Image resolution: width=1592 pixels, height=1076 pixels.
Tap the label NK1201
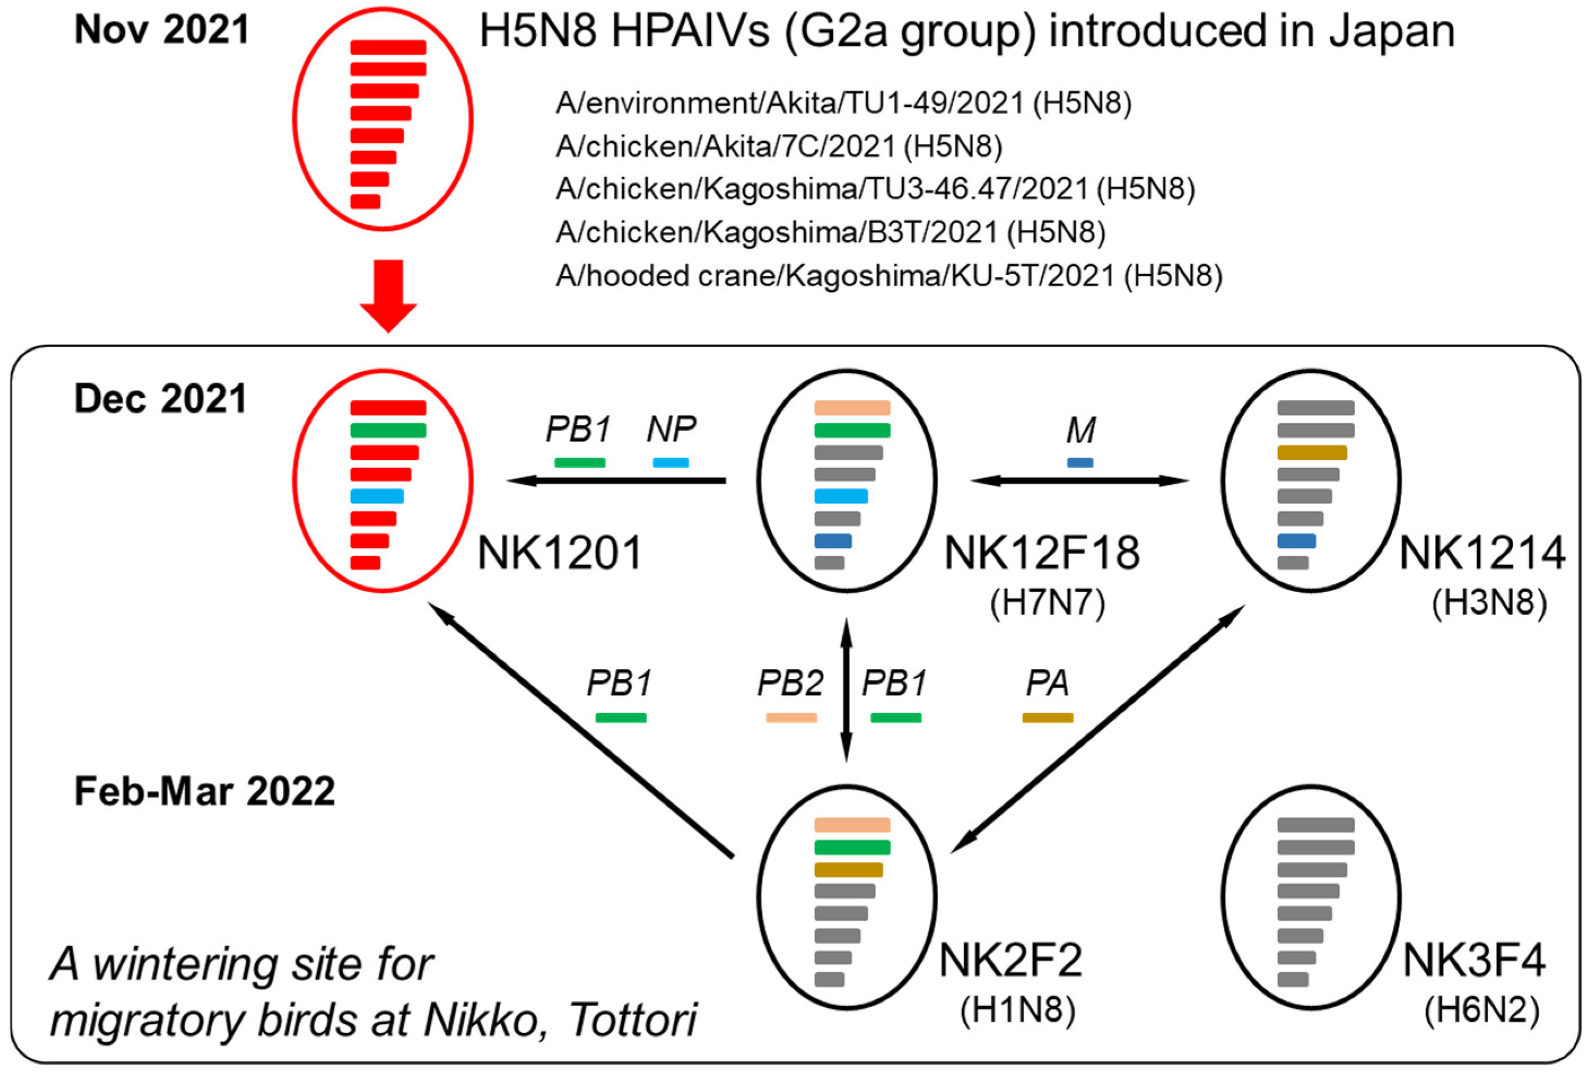(x=559, y=553)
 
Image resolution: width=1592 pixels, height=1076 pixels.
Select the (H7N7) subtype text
(x=1047, y=603)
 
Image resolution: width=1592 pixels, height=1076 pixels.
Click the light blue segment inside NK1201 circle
(x=377, y=497)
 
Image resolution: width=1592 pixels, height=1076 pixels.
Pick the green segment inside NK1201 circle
(x=388, y=430)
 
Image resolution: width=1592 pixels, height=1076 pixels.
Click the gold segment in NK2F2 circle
(x=848, y=870)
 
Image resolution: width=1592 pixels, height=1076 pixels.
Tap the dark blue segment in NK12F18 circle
(x=833, y=541)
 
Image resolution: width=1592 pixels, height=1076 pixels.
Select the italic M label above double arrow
(x=1081, y=431)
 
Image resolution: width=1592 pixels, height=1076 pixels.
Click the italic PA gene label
(x=1047, y=683)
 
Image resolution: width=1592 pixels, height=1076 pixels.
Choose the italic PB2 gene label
(x=790, y=683)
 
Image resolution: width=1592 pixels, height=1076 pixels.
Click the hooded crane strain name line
(x=889, y=276)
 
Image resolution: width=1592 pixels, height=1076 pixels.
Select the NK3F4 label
(x=1473, y=960)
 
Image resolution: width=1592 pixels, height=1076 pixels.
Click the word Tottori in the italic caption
(x=632, y=1020)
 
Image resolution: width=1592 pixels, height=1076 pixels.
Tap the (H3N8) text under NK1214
(x=1489, y=603)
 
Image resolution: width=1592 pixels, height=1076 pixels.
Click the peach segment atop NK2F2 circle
(x=851, y=825)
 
